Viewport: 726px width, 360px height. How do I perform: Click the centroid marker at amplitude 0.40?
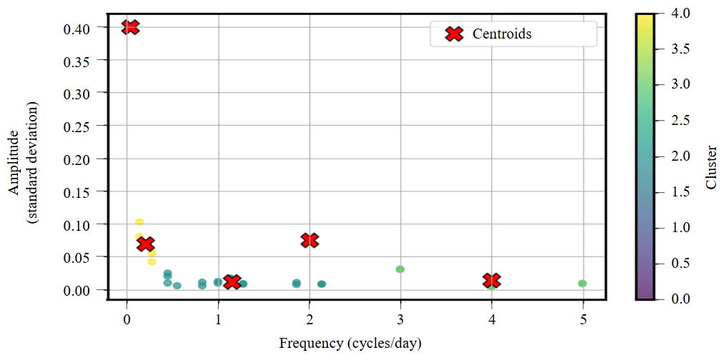point(130,27)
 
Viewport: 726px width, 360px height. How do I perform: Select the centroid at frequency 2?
point(309,240)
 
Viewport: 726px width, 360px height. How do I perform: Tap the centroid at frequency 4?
point(492,281)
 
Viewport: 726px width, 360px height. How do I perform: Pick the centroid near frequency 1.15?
point(232,281)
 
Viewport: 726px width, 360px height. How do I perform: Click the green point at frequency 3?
point(400,269)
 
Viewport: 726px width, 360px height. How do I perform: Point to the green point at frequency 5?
point(582,284)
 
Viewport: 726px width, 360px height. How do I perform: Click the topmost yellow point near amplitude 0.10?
point(139,222)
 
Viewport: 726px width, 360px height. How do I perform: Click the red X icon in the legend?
point(454,34)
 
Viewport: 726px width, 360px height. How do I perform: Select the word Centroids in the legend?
point(502,34)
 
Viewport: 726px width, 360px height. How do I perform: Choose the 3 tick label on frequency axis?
point(400,319)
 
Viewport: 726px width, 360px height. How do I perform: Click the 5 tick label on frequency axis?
point(583,319)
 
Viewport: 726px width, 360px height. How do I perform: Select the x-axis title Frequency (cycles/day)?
point(350,344)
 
